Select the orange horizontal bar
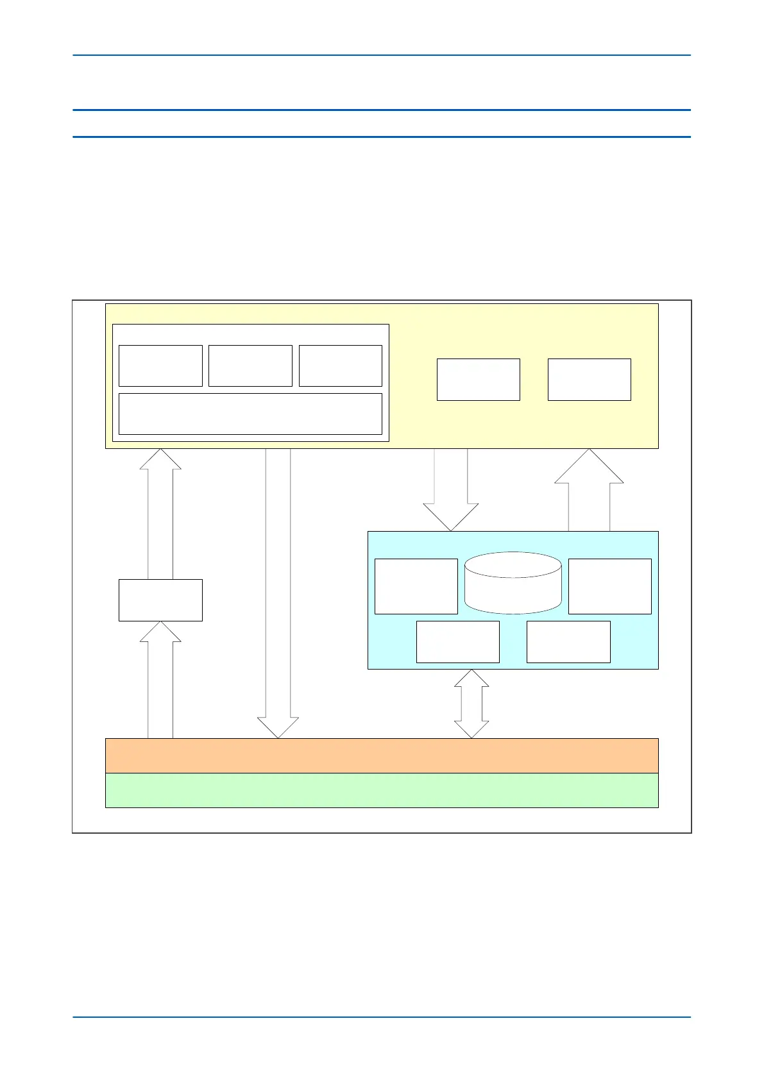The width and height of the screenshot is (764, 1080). click(382, 755)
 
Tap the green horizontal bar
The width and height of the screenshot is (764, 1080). click(382, 790)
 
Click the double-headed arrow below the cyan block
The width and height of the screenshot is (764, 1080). click(471, 704)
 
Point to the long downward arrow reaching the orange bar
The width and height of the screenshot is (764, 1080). click(278, 590)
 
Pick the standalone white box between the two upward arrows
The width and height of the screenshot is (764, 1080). click(160, 600)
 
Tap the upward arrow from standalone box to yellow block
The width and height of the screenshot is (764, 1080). click(160, 513)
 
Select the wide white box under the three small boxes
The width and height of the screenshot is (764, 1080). click(250, 414)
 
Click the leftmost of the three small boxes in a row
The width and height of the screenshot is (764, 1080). click(160, 366)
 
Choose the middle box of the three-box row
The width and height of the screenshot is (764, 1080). click(250, 366)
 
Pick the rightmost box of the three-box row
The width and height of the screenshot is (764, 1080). click(340, 366)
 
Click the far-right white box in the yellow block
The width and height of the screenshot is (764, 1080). click(589, 380)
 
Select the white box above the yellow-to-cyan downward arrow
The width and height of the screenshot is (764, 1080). click(478, 380)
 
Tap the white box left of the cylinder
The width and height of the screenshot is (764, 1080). click(416, 586)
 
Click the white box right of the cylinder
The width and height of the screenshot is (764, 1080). click(609, 586)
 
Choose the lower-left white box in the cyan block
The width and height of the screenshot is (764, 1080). click(457, 641)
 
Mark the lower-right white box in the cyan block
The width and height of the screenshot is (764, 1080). click(568, 641)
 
